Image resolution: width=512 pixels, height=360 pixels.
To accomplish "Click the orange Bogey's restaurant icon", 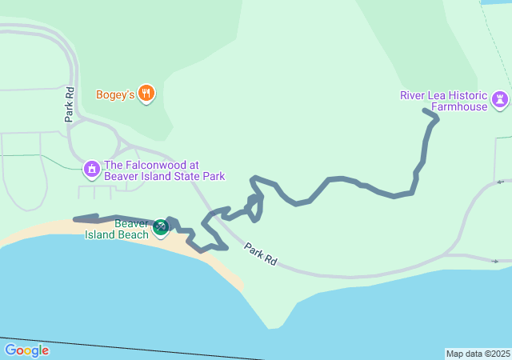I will point(146,94).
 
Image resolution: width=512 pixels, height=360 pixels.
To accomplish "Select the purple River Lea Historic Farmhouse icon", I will point(502,99).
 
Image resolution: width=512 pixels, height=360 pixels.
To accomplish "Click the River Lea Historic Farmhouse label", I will point(445,102).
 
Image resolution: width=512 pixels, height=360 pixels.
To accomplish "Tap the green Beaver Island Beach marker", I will point(161,227).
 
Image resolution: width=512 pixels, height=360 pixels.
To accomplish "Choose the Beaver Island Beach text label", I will point(121,229).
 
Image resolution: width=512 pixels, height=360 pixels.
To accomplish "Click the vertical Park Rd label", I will point(70,104).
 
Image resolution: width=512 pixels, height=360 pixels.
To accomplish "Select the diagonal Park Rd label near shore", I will point(261,254).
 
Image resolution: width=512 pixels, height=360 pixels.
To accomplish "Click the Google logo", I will point(26,350).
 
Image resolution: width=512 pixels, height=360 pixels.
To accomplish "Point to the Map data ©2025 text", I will point(478,354).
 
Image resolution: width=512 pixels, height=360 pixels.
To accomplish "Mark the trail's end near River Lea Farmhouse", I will point(424,110).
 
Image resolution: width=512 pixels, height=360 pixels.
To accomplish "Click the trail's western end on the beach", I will point(74,218).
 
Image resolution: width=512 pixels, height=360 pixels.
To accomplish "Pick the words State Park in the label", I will point(198,176).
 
